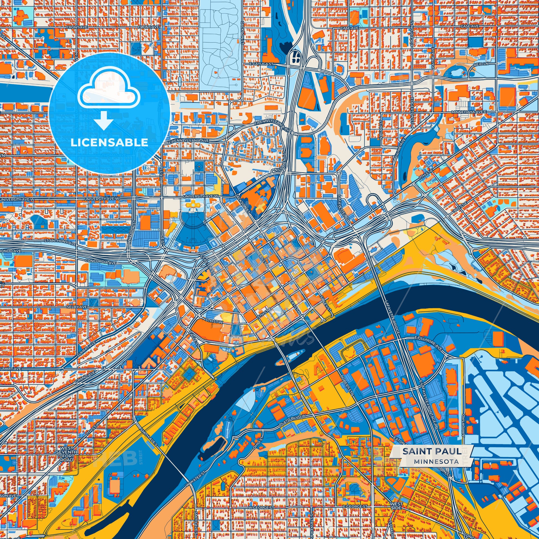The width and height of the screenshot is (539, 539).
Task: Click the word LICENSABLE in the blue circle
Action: click(109, 142)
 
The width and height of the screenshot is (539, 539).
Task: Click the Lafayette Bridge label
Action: click(393, 318)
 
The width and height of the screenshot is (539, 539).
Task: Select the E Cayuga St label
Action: click(261, 64)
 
